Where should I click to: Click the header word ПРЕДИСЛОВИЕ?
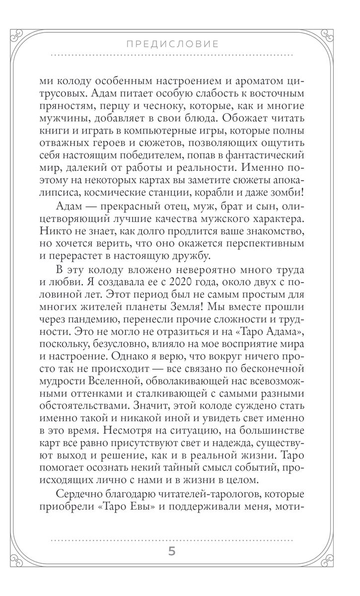point(172,44)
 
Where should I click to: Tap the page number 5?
point(172,553)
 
